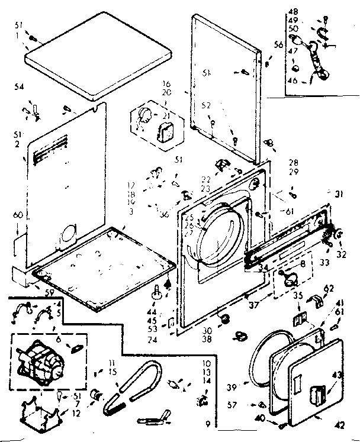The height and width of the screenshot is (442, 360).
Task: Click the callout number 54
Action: [x=19, y=88]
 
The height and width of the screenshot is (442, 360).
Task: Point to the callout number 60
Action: [x=18, y=215]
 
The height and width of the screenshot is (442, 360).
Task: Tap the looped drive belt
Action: [x=133, y=385]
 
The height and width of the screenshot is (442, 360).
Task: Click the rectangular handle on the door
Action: [x=317, y=393]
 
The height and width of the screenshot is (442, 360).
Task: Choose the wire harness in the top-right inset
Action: [x=317, y=56]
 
